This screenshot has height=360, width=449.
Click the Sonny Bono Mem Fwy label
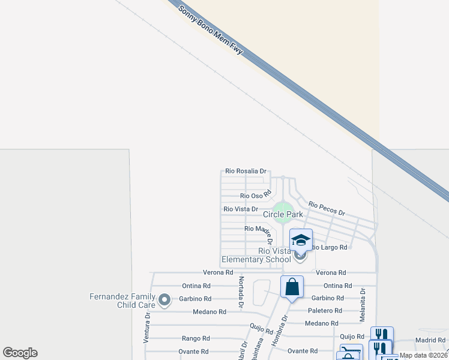point(211,31)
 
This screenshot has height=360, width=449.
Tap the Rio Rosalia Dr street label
point(246,171)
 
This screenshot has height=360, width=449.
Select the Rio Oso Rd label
point(256,195)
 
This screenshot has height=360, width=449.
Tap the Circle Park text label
point(283,214)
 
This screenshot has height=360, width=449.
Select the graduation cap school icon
point(301,240)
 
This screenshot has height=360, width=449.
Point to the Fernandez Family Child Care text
point(122,300)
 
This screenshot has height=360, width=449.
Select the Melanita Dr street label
point(363,304)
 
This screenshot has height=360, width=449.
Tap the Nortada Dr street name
point(240,293)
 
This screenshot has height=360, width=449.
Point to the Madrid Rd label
point(430,340)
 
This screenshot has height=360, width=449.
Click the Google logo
point(20,353)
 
